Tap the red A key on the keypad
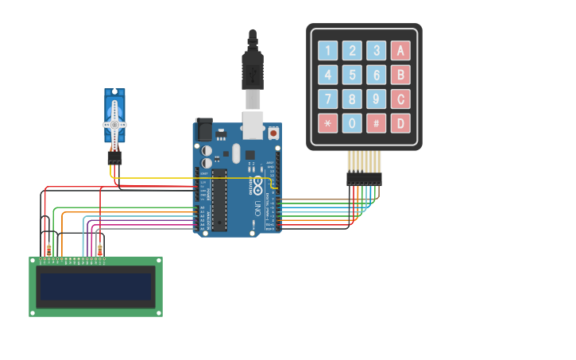[x=400, y=51]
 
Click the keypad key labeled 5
[x=352, y=75]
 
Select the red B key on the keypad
[x=400, y=75]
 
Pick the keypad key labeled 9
[x=377, y=99]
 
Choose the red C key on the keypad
[x=400, y=99]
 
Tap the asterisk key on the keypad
[x=327, y=123]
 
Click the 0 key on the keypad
[x=352, y=123]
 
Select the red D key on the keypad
[x=400, y=123]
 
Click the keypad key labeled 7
[x=327, y=99]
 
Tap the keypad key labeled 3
[x=377, y=51]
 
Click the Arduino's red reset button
[x=274, y=134]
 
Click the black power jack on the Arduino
[x=203, y=129]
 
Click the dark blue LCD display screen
[x=95, y=286]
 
